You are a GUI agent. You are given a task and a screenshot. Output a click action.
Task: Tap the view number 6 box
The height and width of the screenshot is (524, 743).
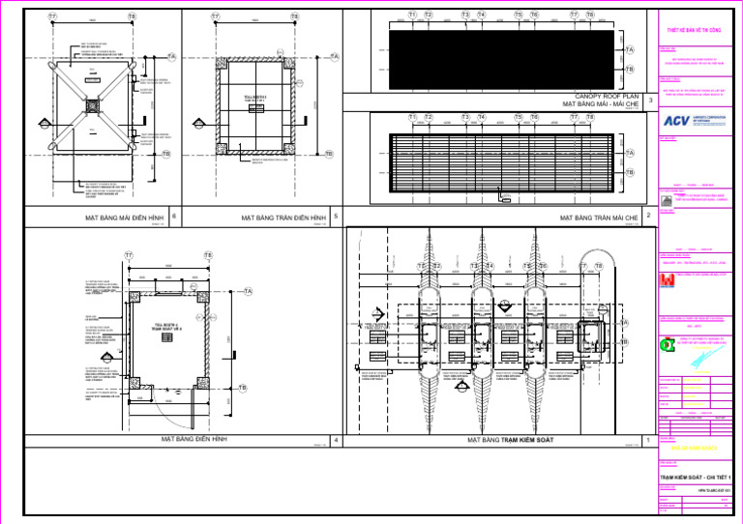(172, 217)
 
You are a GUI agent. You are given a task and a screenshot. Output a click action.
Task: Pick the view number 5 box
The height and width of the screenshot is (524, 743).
(335, 217)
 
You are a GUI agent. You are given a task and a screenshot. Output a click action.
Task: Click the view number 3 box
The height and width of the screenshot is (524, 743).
(650, 100)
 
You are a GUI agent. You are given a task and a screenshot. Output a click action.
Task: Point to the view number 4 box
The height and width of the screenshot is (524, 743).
(335, 441)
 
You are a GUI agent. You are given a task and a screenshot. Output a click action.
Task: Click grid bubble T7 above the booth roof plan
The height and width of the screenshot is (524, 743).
(51, 17)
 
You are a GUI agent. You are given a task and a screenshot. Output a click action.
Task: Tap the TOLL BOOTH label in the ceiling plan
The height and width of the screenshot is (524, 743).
(254, 100)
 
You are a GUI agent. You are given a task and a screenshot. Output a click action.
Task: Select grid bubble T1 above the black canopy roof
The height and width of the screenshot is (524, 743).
(413, 15)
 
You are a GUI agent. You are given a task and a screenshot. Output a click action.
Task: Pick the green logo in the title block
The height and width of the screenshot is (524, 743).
(666, 345)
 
